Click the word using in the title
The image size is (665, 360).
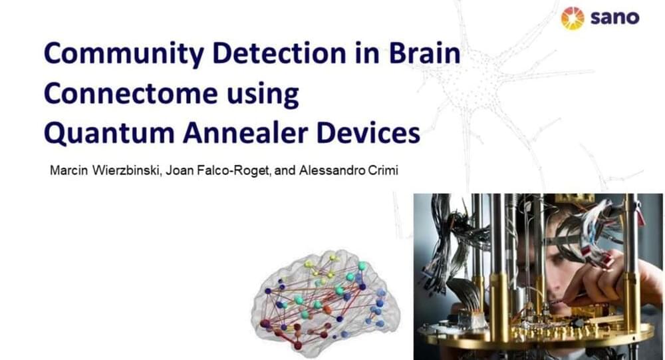click(x=263, y=94)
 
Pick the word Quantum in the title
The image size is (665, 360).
click(x=109, y=134)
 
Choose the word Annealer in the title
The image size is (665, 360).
click(x=245, y=133)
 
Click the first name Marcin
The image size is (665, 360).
click(x=68, y=170)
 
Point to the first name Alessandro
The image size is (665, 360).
click(x=332, y=170)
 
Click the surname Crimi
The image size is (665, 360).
click(x=384, y=170)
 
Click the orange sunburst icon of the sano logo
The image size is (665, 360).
click(x=573, y=18)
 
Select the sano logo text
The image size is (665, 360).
click(x=614, y=18)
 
